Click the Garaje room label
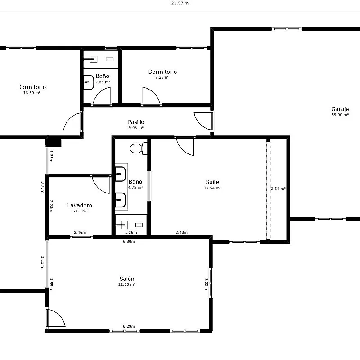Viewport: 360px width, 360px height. pyautogui.click(x=340, y=109)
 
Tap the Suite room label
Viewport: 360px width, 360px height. pyautogui.click(x=212, y=182)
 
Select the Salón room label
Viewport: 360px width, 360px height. pyautogui.click(x=127, y=279)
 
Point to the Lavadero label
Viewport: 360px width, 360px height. pyautogui.click(x=80, y=206)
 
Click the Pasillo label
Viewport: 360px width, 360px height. pyautogui.click(x=136, y=122)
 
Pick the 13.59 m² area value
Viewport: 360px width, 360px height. pyautogui.click(x=31, y=93)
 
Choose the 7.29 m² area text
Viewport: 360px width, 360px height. pyautogui.click(x=162, y=77)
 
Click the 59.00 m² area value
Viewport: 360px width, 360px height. pyautogui.click(x=340, y=115)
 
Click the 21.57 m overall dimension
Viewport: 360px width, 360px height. pyautogui.click(x=180, y=3)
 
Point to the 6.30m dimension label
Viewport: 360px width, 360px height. pyautogui.click(x=129, y=241)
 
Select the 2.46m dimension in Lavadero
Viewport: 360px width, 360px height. pyautogui.click(x=80, y=232)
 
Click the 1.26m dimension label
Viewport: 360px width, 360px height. pyautogui.click(x=131, y=232)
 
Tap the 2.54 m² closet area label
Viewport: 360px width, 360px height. pyautogui.click(x=278, y=189)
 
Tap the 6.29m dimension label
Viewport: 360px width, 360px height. pyautogui.click(x=129, y=326)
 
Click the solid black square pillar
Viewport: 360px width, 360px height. pyautogui.click(x=53, y=142)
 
